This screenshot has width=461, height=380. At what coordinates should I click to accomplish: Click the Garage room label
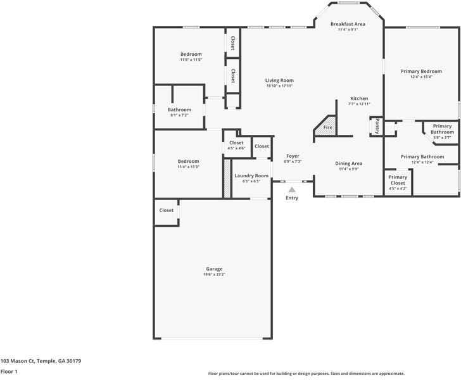pos(213,269)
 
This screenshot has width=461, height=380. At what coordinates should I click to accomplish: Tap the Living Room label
pos(279,80)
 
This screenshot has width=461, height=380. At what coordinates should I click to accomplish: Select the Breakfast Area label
pos(348,24)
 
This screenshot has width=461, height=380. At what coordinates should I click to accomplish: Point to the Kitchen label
pos(359,98)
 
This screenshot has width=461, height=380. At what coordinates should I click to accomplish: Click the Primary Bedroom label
pos(421,71)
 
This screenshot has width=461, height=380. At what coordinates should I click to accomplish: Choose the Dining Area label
pos(348,163)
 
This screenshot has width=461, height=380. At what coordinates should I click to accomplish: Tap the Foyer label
pos(293,156)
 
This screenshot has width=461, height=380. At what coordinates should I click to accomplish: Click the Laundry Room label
pos(251,175)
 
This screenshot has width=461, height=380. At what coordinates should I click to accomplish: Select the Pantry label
pos(377,126)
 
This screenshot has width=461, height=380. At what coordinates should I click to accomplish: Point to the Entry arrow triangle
pos(292,189)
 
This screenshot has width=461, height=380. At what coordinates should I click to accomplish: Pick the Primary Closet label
pos(398,180)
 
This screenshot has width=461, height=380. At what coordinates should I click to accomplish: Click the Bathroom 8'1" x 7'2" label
pos(179,110)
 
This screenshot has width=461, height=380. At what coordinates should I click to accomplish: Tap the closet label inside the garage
pos(167,210)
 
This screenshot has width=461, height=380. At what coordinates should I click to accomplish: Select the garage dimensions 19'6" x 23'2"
pos(213,274)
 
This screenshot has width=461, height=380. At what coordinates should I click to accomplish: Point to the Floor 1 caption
pos(9,372)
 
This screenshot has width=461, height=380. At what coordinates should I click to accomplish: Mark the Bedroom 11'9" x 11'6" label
pos(191,54)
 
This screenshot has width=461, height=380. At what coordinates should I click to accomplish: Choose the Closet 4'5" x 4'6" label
pos(236,142)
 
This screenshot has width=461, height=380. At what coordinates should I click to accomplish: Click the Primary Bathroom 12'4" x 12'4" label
pos(422,156)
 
